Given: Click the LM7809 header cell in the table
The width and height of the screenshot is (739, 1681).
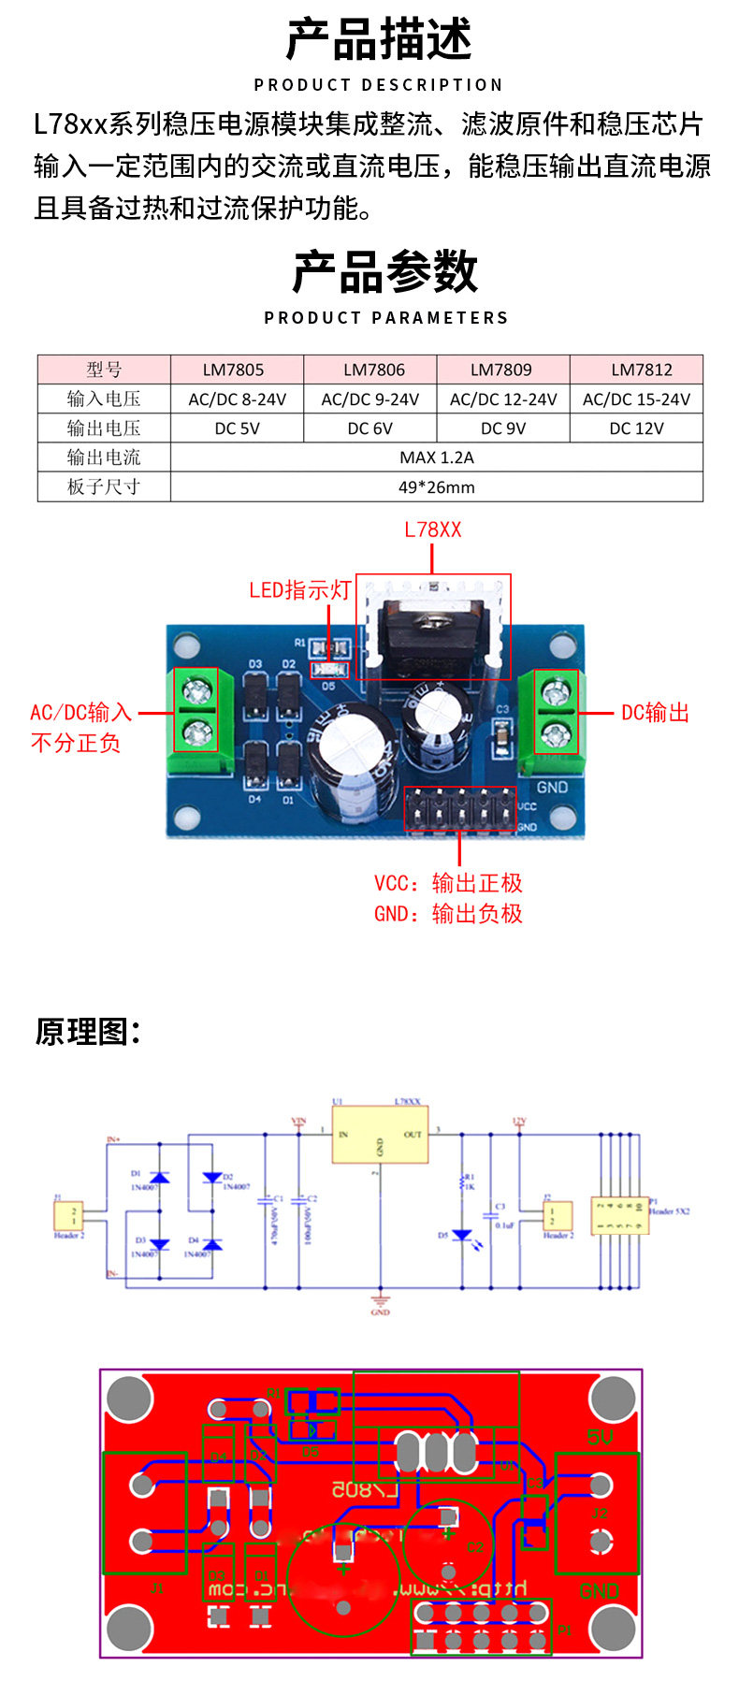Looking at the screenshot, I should click(x=502, y=370).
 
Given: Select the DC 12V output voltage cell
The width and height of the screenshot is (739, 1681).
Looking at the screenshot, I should click(x=636, y=428).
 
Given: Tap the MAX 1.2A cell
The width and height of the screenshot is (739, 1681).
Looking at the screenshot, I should click(x=436, y=457).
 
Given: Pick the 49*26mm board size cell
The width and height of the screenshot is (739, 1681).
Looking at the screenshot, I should click(x=436, y=487).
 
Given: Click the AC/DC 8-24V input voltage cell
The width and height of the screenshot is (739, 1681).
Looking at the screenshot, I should click(x=238, y=399).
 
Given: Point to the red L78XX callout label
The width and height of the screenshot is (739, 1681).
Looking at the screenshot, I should click(x=432, y=529).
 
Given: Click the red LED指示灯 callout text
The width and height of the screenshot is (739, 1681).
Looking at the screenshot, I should click(x=299, y=590).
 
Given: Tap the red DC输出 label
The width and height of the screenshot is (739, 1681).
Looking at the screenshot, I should click(x=655, y=713).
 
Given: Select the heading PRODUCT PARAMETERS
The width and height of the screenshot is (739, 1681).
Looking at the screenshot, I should click(x=385, y=318).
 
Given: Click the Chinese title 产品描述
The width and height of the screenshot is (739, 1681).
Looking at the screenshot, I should click(x=379, y=39).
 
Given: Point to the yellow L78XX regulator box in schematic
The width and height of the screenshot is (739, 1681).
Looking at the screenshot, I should click(x=380, y=1135).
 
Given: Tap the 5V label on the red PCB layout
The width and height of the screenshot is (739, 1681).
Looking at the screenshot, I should click(x=600, y=1437).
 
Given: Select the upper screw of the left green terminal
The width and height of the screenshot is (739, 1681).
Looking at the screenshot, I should click(x=196, y=692).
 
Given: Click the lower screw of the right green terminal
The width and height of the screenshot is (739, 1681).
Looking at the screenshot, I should click(x=557, y=728).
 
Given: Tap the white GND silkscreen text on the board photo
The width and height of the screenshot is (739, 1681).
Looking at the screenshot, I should click(x=552, y=787).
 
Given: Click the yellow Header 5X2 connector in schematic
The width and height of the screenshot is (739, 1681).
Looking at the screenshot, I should click(x=618, y=1215).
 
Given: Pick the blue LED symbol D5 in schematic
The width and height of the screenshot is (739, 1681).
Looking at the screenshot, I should click(x=461, y=1237).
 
